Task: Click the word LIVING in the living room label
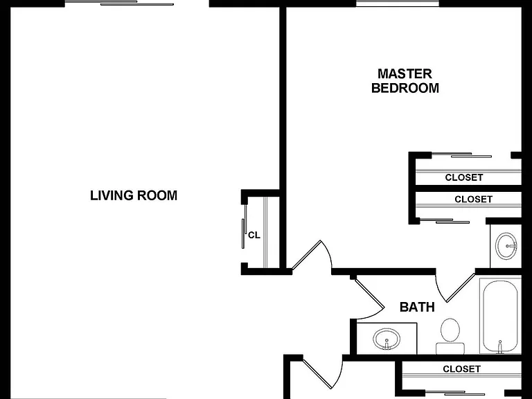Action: tap(111, 195)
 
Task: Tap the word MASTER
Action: tap(405, 73)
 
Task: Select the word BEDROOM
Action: tap(405, 88)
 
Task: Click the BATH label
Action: tap(417, 307)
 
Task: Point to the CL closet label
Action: tap(254, 235)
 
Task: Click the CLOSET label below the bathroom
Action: tap(462, 369)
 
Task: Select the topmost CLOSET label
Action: tap(464, 177)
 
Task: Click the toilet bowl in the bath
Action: tap(450, 330)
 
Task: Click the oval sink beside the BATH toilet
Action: tap(387, 339)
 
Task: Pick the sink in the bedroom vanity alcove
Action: tap(506, 246)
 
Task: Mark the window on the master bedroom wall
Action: tap(398, 3)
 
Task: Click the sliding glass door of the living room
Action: tap(119, 3)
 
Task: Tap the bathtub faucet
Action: tap(499, 347)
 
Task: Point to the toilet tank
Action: tap(450, 348)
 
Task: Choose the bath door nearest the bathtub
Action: tap(455, 287)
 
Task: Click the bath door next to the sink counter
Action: tap(367, 298)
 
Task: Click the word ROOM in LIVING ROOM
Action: tap(157, 195)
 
